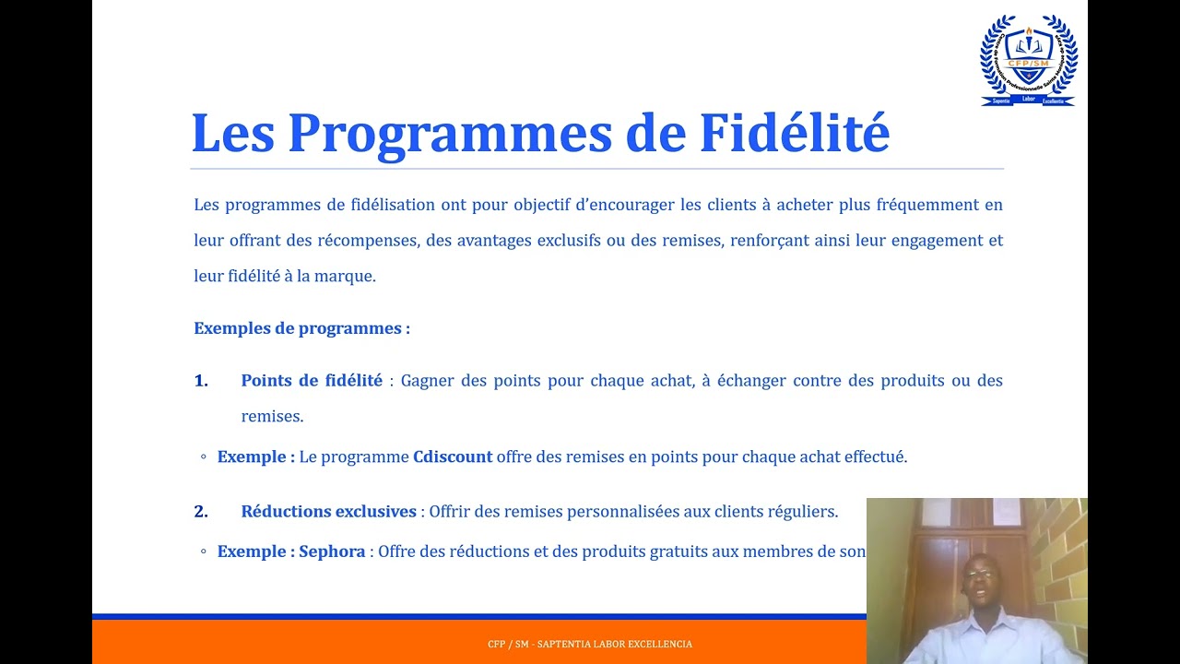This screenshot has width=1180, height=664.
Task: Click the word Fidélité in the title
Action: click(795, 133)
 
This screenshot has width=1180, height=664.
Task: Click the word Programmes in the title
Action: click(450, 133)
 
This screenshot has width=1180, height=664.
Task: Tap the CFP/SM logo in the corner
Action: click(1028, 61)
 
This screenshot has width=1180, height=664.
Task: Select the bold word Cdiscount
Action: click(453, 456)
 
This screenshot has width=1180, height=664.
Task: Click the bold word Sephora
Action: click(332, 551)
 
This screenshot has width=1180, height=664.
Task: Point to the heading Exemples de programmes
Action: click(301, 328)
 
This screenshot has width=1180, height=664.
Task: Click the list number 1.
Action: click(201, 381)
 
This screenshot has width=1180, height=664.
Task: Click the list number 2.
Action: click(201, 511)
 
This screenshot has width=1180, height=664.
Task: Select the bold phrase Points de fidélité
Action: click(312, 381)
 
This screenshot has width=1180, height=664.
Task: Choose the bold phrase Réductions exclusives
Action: click(329, 511)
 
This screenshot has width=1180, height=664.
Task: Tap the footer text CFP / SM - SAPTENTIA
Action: click(590, 644)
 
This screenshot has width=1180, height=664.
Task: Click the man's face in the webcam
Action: click(979, 579)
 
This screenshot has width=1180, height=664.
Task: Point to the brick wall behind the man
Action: click(1060, 553)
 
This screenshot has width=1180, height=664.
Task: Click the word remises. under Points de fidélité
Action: click(272, 417)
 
